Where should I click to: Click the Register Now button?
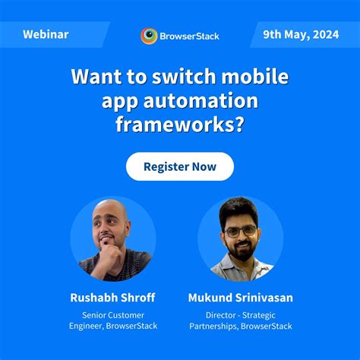tap(180, 166)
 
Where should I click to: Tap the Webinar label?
tap(46, 35)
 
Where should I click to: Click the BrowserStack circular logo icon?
tap(150, 36)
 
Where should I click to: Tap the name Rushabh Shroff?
tap(113, 298)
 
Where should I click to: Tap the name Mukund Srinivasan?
tap(240, 298)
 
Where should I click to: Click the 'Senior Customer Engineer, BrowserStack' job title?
tap(113, 321)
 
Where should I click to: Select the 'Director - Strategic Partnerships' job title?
tap(240, 321)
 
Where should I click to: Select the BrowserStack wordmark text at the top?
tap(189, 36)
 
